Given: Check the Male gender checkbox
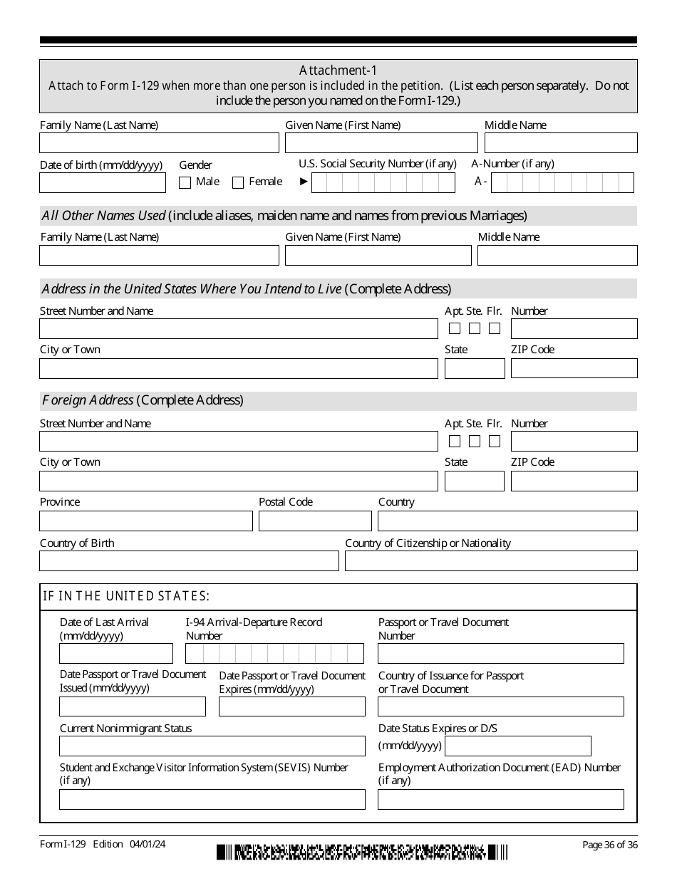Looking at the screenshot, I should (185, 182).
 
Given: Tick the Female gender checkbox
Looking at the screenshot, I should (238, 182).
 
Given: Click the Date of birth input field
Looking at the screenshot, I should (103, 183).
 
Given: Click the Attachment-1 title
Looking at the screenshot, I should (338, 70).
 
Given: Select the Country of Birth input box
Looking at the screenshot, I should (189, 561).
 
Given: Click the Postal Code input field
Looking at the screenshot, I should (315, 521).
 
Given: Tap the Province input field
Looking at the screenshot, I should (146, 521).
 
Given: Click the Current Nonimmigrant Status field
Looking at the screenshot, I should (212, 746).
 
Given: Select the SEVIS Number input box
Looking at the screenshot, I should (212, 800).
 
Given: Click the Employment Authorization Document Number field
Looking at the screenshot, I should (500, 800).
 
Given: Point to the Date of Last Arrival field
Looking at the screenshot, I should (116, 654).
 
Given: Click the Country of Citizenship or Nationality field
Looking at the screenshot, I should (491, 561).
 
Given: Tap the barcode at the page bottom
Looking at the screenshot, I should (363, 852).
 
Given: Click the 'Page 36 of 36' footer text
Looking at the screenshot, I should (609, 845).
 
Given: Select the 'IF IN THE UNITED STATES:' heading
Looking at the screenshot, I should (126, 597).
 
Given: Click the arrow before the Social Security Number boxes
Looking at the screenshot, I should (304, 182).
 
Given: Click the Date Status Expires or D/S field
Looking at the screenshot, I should (518, 746).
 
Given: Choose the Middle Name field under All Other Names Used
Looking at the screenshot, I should (557, 256).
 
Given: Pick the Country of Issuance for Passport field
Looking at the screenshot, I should (500, 706).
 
